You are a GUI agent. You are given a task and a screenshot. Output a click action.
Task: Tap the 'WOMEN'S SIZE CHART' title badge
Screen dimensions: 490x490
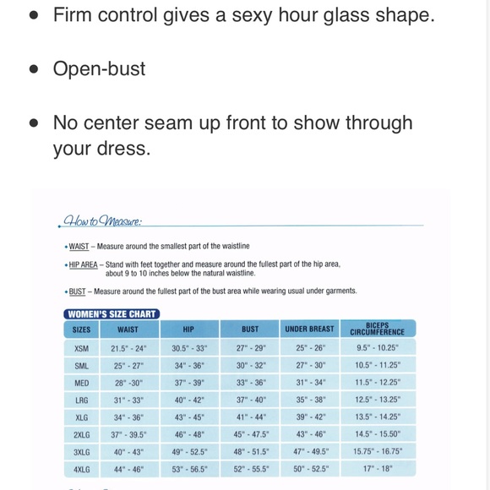pos(112,314)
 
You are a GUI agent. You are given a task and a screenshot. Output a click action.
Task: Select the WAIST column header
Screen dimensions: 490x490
pos(128,329)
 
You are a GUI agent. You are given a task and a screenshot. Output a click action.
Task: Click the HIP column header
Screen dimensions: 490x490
pos(188,329)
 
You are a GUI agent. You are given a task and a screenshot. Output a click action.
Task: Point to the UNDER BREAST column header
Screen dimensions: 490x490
pos(310,329)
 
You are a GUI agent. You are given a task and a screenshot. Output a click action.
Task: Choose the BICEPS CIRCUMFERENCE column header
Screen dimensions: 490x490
pos(378,329)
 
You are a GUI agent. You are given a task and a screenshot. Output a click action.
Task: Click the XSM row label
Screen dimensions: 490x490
pos(81,348)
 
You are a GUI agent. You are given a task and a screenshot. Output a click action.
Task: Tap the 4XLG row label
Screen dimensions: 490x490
pos(81,469)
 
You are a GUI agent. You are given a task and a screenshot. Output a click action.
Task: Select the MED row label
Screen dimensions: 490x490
pos(81,383)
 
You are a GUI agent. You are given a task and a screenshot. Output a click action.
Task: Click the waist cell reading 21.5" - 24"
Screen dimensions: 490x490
pos(128,348)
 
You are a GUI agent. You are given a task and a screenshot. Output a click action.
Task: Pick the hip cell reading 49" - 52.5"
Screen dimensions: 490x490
pos(189,452)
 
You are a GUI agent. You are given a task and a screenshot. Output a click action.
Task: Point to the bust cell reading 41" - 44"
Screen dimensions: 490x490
pos(251,417)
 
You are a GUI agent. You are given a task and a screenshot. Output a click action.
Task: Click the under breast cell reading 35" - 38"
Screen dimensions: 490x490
pos(310,400)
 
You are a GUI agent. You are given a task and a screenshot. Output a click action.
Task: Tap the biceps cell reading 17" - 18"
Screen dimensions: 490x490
pos(378,469)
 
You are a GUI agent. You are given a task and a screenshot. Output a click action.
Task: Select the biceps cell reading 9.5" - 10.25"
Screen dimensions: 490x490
pos(378,348)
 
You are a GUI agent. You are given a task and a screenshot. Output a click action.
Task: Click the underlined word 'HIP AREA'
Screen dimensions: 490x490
pos(83,264)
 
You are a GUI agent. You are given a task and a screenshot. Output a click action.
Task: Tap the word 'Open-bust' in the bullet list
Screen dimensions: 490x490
pos(99,69)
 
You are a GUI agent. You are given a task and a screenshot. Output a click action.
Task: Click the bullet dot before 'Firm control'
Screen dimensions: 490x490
pos(34,16)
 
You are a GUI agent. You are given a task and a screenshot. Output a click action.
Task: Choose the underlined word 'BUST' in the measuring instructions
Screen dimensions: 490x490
pos(78,291)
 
